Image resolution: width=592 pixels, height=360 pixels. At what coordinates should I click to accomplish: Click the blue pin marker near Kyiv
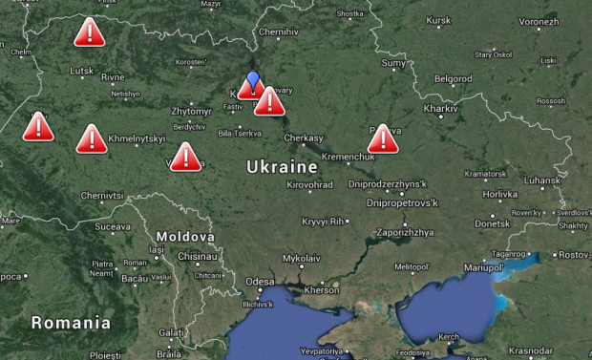point(253,78)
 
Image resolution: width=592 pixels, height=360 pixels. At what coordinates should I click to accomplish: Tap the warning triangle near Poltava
point(383,139)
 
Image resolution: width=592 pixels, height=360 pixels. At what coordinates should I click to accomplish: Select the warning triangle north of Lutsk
point(89,33)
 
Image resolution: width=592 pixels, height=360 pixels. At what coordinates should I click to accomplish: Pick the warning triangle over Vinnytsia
point(185,157)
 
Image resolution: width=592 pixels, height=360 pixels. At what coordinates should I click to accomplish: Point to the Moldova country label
point(180,235)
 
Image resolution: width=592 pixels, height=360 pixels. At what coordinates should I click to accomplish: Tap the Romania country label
point(70,323)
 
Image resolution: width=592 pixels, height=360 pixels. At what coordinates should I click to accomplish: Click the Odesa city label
point(259,282)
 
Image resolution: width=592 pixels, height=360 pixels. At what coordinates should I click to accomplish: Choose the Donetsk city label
point(493,222)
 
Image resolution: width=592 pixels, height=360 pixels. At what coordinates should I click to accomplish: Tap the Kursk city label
point(438,20)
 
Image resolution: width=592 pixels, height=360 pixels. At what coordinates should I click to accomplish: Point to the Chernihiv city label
point(279,32)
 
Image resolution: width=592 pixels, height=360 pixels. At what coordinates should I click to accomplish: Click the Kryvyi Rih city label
point(323,222)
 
